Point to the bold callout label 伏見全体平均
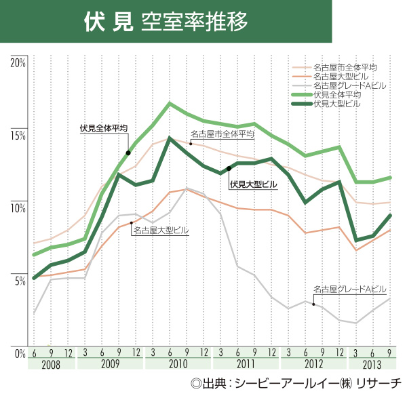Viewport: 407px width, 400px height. (x=103, y=127)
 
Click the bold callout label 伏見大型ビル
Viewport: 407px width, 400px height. (x=254, y=184)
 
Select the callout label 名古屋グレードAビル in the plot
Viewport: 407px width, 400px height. (x=349, y=289)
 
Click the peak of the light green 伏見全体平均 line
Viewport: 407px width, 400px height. (x=170, y=104)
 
